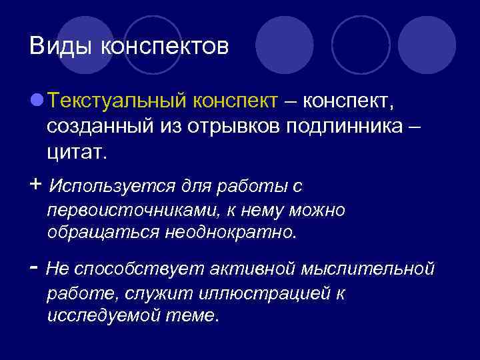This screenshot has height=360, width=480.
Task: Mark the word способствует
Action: point(141,269)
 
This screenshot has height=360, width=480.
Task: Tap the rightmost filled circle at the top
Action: point(427,45)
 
